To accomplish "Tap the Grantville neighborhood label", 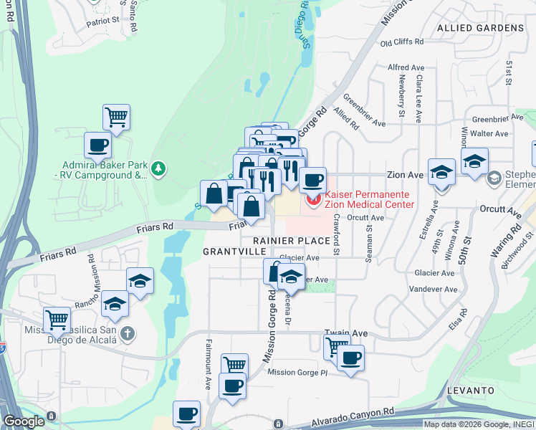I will [229, 252].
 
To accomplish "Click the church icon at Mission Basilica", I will [127, 333].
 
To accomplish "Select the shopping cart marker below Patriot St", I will [116, 116].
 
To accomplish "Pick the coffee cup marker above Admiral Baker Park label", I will [98, 145].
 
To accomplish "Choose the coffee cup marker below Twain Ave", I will [350, 358].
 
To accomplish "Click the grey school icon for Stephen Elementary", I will [493, 176].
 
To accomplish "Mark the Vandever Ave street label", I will [436, 290].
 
